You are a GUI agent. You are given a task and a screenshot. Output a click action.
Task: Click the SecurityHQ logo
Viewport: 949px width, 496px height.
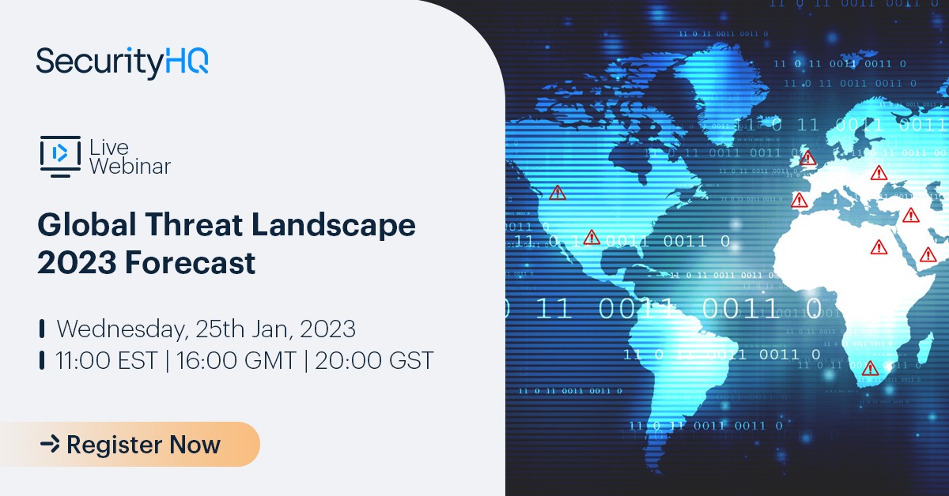123,62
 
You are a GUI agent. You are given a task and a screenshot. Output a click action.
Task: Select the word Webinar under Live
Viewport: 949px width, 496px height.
130,166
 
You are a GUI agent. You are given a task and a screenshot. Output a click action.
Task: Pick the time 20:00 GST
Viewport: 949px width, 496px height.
373,361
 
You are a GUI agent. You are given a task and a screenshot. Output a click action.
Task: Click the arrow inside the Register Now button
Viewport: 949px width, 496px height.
50,445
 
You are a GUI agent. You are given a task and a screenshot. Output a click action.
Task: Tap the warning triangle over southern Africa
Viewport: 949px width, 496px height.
871,368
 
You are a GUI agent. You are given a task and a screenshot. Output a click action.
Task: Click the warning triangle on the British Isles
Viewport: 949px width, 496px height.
807,159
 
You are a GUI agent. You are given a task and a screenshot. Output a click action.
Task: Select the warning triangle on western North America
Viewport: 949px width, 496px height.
558,192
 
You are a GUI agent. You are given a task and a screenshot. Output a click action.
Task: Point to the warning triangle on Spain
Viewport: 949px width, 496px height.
800,200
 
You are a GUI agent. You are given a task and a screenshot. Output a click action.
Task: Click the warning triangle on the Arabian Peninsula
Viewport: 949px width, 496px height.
928,254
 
